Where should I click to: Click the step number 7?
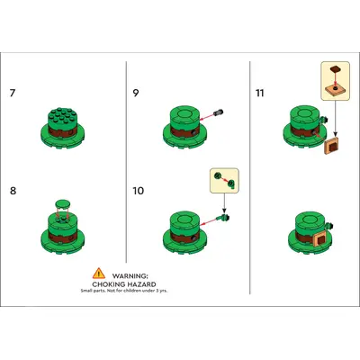[12, 93]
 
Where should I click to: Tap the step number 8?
[13, 191]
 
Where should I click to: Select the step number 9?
[136, 93]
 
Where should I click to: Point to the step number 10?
[139, 191]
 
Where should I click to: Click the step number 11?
[260, 93]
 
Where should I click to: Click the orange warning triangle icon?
[99, 274]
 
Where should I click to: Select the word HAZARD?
[142, 284]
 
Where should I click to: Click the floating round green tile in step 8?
[63, 203]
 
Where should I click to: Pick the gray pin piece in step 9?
[219, 112]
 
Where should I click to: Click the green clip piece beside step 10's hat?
[224, 217]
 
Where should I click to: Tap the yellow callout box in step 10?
[224, 181]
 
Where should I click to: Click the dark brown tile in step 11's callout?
[335, 69]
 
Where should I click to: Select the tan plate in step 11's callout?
[335, 89]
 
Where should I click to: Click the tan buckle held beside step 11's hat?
[331, 146]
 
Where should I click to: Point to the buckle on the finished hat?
[319, 239]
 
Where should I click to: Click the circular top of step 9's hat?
[184, 113]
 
